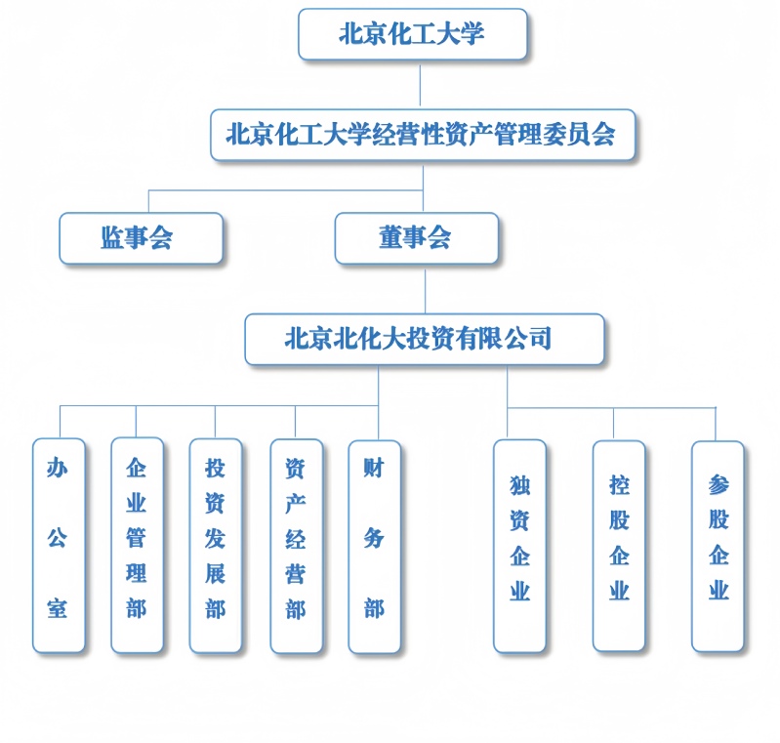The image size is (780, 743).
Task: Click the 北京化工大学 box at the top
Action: (x=412, y=34)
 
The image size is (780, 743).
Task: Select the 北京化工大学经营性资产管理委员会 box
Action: (x=423, y=135)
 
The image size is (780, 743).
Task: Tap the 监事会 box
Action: (x=141, y=238)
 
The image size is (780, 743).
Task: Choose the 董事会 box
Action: (x=417, y=238)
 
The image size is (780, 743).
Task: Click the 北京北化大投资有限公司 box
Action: (x=425, y=339)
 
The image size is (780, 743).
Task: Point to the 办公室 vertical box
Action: (x=59, y=546)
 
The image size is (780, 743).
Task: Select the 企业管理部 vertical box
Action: (x=137, y=546)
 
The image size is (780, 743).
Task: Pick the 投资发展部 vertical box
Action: (x=216, y=546)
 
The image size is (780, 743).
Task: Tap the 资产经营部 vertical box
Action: (x=297, y=547)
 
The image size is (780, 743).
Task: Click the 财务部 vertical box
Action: (x=375, y=547)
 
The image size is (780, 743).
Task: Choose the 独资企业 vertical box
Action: (x=519, y=546)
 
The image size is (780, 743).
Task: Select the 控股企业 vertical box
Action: (x=619, y=546)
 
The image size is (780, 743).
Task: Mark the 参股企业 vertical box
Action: (x=718, y=547)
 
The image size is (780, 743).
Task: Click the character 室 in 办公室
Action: (x=58, y=608)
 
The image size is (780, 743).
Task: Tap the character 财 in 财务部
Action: (x=374, y=469)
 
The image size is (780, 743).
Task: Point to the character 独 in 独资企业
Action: (x=519, y=485)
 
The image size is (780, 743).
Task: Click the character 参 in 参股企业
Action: (x=718, y=484)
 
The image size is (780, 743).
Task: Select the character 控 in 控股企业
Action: (x=619, y=485)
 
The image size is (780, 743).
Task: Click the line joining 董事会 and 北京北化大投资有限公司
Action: (x=425, y=292)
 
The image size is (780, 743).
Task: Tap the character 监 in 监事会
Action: (x=111, y=237)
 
